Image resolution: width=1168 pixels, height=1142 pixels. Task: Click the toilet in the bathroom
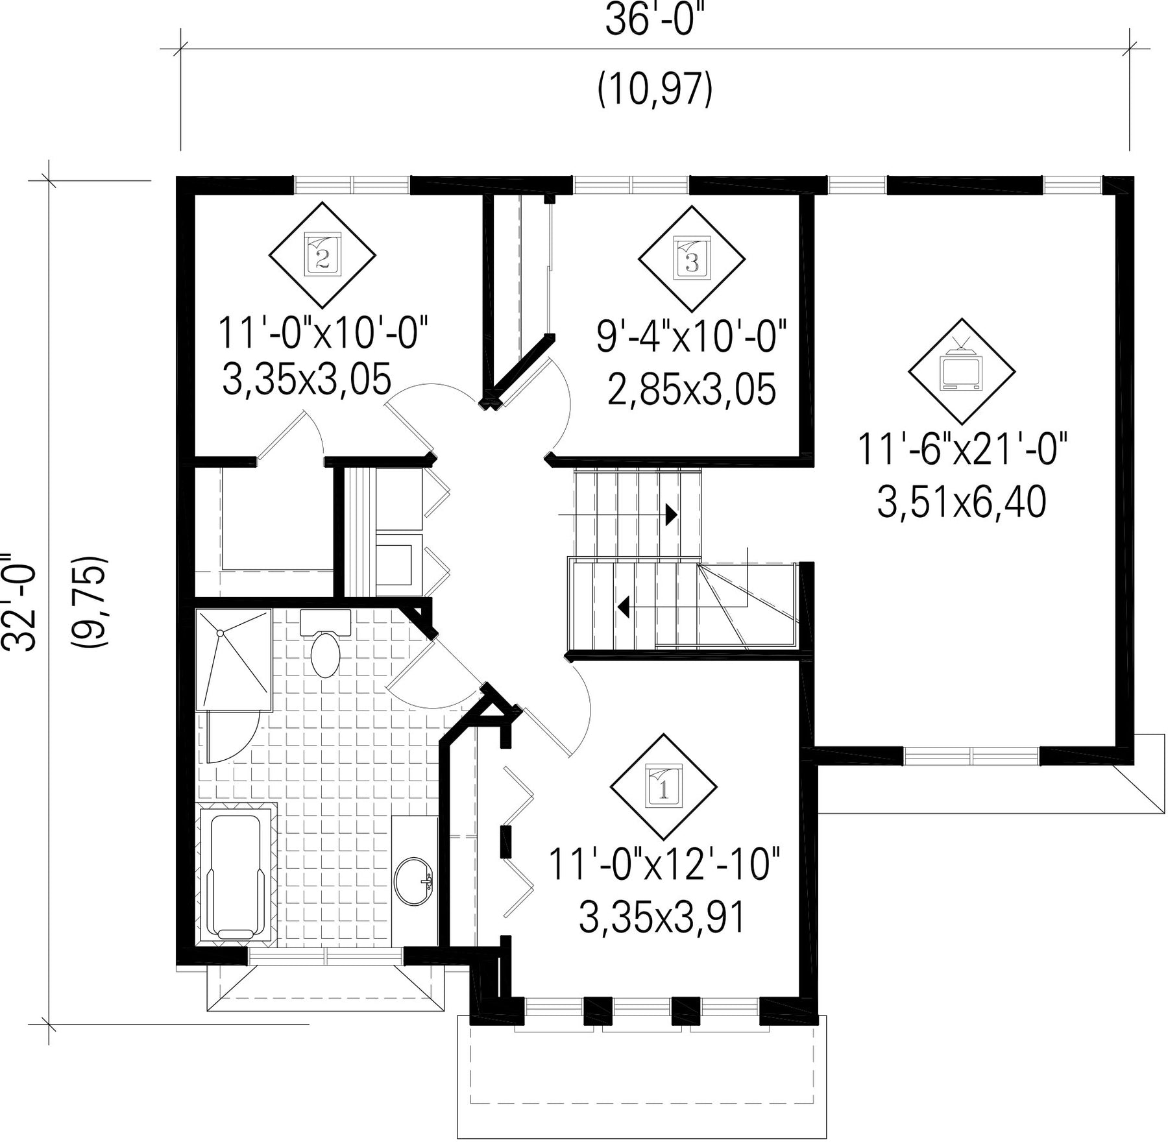[325, 642]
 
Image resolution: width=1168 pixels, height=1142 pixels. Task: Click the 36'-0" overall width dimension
[654, 22]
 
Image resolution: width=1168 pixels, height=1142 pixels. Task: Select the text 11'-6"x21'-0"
[962, 450]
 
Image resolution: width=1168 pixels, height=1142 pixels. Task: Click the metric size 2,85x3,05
[692, 390]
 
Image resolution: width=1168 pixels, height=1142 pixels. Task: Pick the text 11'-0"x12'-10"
[663, 864]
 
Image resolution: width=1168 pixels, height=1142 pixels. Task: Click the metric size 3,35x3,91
[661, 918]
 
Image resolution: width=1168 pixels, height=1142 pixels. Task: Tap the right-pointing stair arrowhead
[672, 515]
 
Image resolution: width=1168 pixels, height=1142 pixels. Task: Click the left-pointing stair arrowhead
[624, 607]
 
